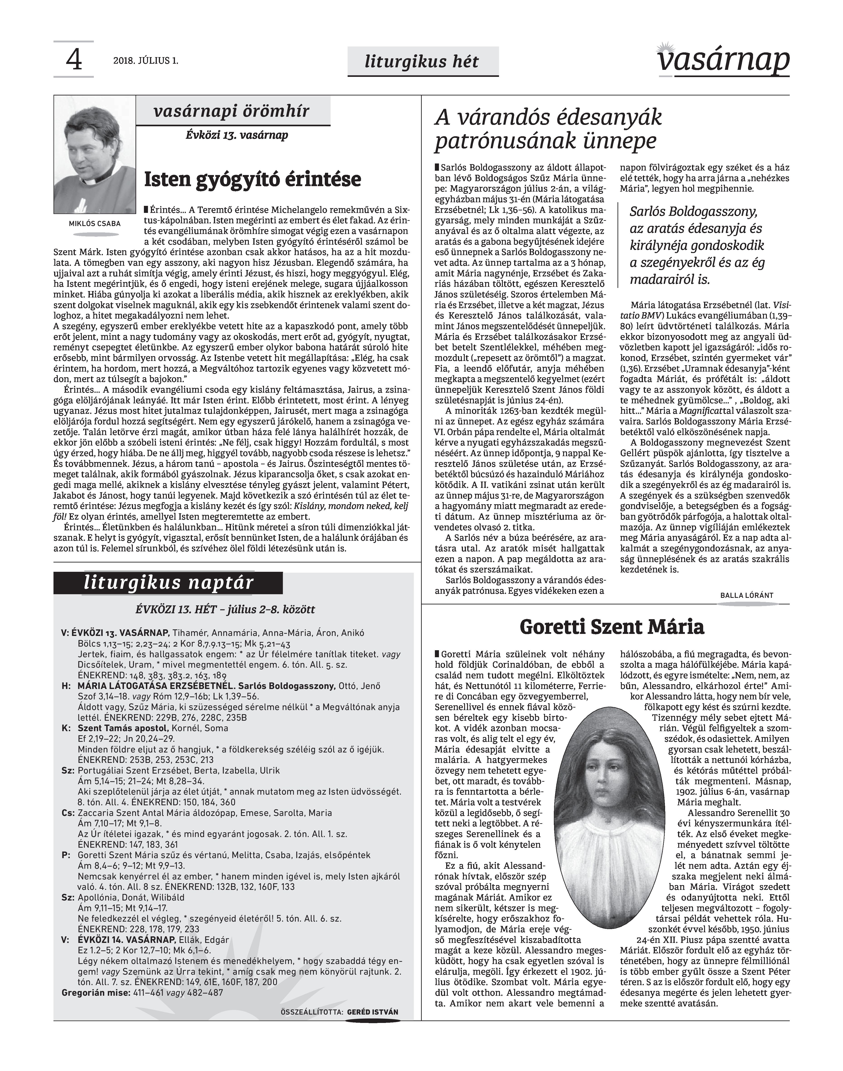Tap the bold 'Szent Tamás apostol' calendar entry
[x=123, y=728]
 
